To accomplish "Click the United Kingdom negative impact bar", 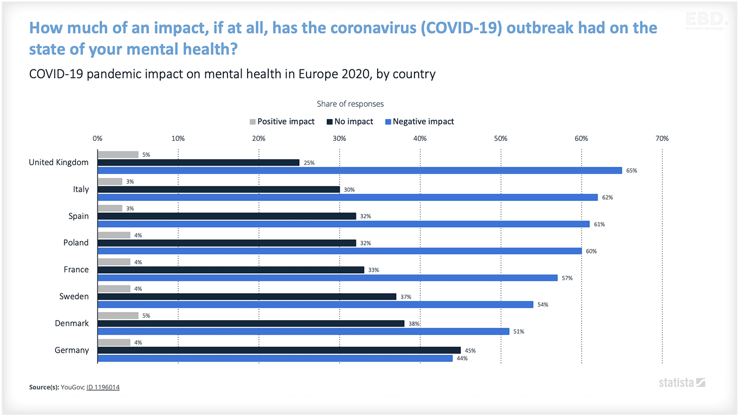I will pos(360,171).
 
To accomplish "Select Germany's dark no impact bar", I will pos(279,350).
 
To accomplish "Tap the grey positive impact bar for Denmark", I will pos(118,316).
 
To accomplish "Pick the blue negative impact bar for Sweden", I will pos(315,304).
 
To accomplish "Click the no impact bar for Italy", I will pos(219,190).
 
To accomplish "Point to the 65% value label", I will pos(632,171).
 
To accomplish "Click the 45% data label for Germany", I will pos(470,350).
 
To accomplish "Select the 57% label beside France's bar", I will pos(567,278).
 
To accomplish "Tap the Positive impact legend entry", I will pos(282,121).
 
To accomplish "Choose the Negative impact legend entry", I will pos(419,121).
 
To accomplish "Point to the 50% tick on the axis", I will pos(501,139).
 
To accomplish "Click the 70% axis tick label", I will pos(662,139).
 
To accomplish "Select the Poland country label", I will pos(76,243).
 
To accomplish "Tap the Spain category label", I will pos(79,216).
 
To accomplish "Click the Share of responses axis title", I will pos(350,104).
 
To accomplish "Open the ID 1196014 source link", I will pos(103,387).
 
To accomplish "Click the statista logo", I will pos(681,383).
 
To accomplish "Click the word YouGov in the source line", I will pos(72,387).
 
